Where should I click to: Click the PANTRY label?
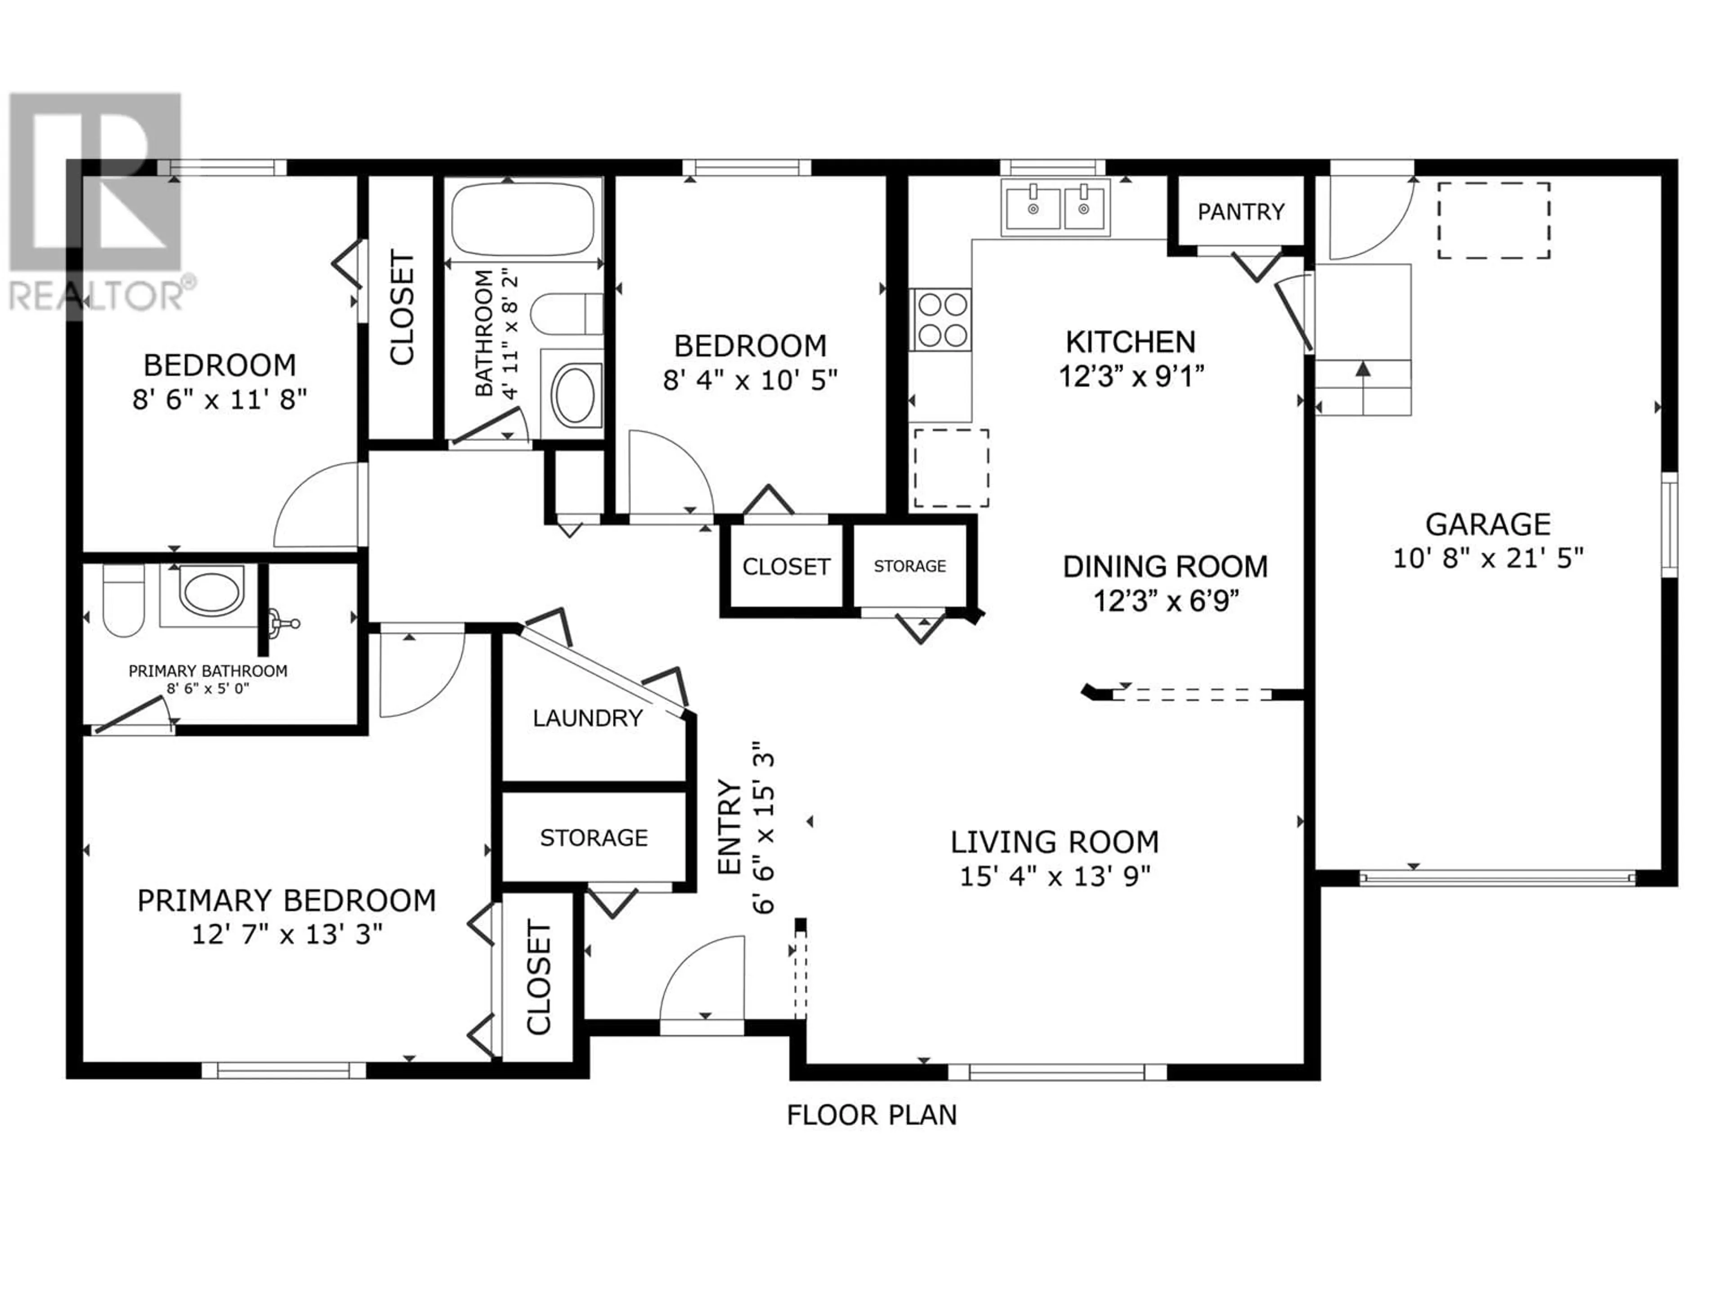click(1240, 211)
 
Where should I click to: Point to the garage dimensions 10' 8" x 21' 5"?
click(1488, 558)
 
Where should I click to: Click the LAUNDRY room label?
click(588, 718)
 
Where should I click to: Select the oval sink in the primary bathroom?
click(211, 590)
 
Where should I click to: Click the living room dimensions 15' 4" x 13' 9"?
click(1055, 877)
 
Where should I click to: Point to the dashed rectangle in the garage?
click(1494, 220)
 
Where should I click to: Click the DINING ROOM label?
click(1165, 567)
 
